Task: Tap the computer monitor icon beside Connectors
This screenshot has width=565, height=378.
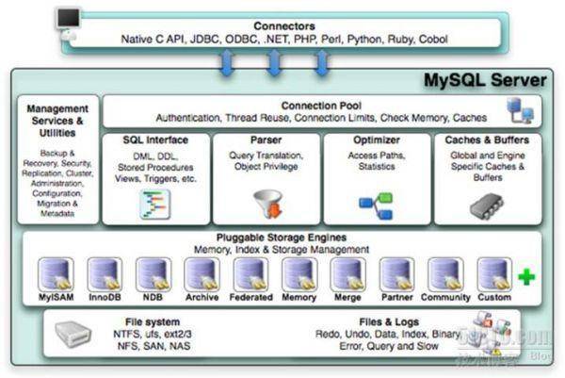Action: pyautogui.click(x=67, y=19)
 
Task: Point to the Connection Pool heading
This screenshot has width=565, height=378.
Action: pyautogui.click(x=320, y=106)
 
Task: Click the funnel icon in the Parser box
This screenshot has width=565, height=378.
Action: pyautogui.click(x=268, y=201)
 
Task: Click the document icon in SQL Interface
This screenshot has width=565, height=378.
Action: pyautogui.click(x=154, y=202)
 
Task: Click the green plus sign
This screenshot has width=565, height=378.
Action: pyautogui.click(x=526, y=277)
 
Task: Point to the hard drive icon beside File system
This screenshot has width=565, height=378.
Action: pyautogui.click(x=73, y=333)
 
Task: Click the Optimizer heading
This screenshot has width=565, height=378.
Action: pyautogui.click(x=375, y=140)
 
